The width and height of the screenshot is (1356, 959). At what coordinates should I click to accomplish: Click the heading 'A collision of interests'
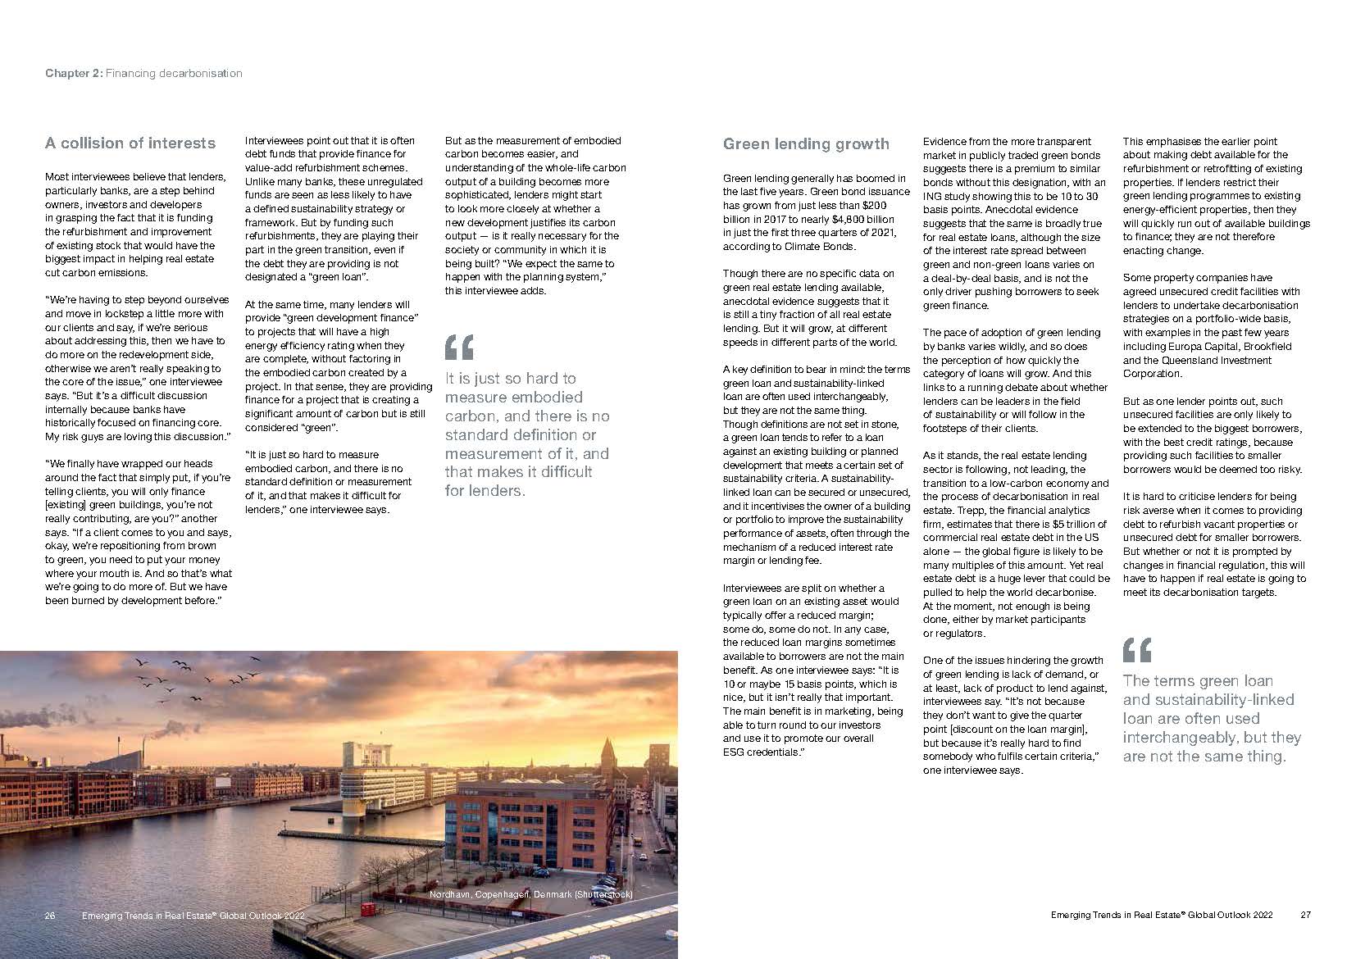click(130, 143)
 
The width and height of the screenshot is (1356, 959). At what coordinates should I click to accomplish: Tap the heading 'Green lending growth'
click(805, 144)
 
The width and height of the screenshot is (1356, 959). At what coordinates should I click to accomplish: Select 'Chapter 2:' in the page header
click(74, 74)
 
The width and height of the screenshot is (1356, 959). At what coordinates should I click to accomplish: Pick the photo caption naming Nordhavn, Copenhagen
click(530, 894)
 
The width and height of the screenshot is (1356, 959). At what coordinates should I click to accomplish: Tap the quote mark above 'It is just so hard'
click(459, 347)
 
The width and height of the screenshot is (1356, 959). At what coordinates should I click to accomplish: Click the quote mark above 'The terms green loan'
click(1136, 650)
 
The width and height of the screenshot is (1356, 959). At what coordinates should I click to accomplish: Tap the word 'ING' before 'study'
click(932, 197)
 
